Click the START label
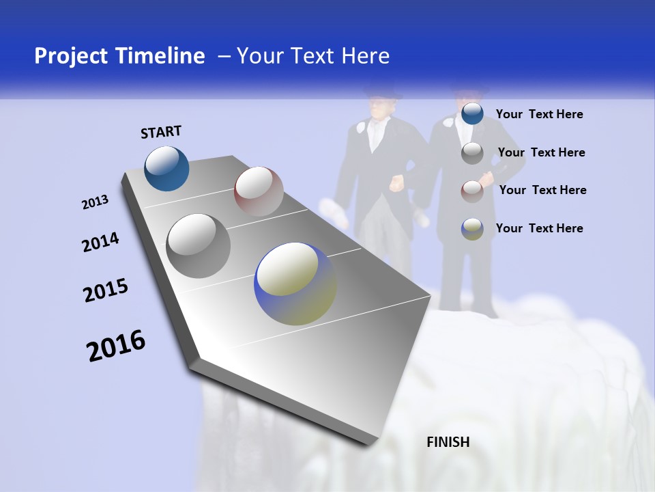click(x=161, y=132)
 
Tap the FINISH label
click(x=448, y=442)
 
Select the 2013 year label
click(x=96, y=202)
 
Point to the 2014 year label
click(x=100, y=243)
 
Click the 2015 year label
click(x=106, y=291)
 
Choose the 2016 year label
click(x=116, y=345)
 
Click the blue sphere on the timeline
click(x=166, y=168)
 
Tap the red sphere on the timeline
click(x=259, y=191)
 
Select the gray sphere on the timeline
click(x=198, y=245)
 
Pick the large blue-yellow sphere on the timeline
click(x=295, y=284)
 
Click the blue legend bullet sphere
click(x=472, y=114)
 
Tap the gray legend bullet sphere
click(x=472, y=153)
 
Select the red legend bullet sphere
click(x=472, y=191)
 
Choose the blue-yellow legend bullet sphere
click(x=472, y=229)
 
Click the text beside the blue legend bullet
click(x=539, y=114)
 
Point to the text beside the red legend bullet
click(x=542, y=190)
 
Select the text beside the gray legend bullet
click(x=541, y=152)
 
